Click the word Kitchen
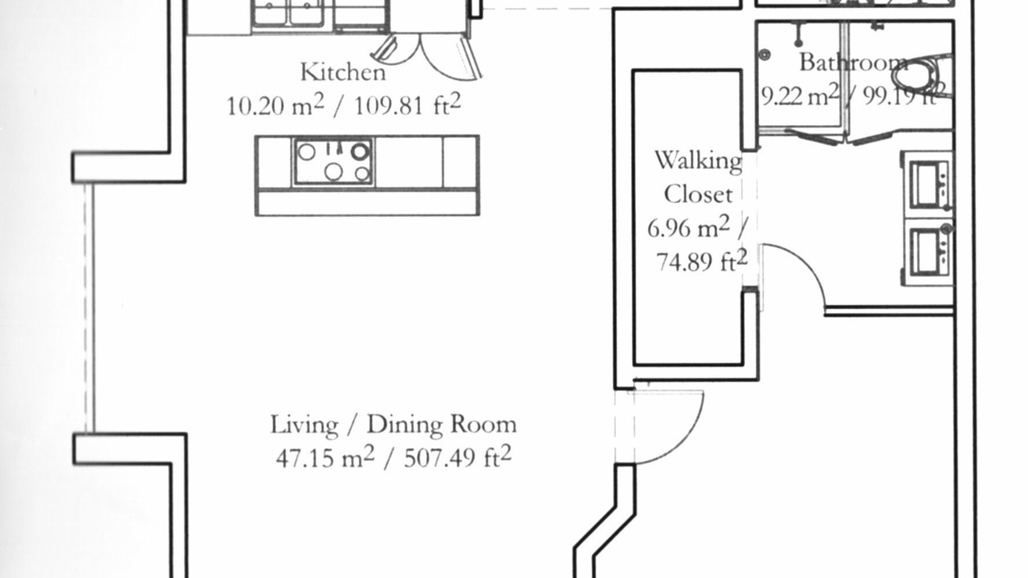point(343,72)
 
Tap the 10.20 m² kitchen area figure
point(275,105)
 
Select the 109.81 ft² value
point(407,105)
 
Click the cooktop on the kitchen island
point(333,161)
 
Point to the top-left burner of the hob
point(307,152)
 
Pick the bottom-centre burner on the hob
point(333,172)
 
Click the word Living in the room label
point(304,425)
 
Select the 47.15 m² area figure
point(325,457)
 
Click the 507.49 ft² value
point(458,457)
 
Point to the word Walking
point(699,161)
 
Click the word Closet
point(698,194)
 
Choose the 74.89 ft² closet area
point(702,262)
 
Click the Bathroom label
point(854,63)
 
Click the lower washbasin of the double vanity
point(927,252)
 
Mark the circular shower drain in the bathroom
point(764,55)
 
